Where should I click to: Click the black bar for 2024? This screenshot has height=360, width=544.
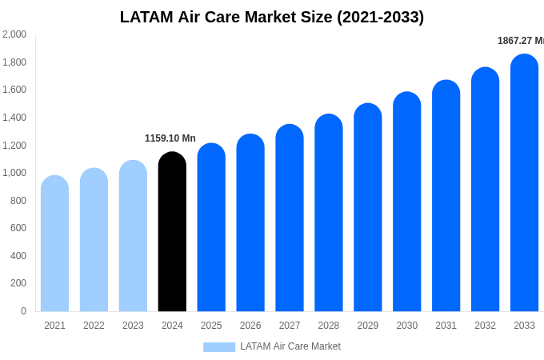pyautogui.click(x=172, y=232)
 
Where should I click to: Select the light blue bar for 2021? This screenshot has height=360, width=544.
pyautogui.click(x=54, y=244)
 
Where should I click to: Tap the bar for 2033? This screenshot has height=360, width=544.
pyautogui.click(x=524, y=183)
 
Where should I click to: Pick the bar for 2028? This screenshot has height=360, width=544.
pyautogui.click(x=329, y=213)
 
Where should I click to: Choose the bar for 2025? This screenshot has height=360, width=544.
pyautogui.click(x=211, y=228)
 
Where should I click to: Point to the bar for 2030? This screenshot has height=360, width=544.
pyautogui.click(x=407, y=202)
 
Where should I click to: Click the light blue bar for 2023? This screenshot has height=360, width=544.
pyautogui.click(x=133, y=236)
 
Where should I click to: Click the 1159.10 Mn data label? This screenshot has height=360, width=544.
pyautogui.click(x=170, y=138)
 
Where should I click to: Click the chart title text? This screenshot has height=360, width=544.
pyautogui.click(x=272, y=17)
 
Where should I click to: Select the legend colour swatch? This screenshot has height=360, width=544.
pyautogui.click(x=219, y=347)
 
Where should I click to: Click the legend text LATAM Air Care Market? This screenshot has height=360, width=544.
pyautogui.click(x=290, y=346)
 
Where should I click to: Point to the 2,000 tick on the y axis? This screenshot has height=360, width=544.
pyautogui.click(x=14, y=34)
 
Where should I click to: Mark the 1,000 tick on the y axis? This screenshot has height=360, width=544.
pyautogui.click(x=14, y=173)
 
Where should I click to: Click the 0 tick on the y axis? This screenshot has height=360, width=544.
pyautogui.click(x=23, y=311)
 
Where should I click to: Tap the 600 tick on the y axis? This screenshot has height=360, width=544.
pyautogui.click(x=18, y=228)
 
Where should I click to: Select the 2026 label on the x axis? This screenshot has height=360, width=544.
pyautogui.click(x=250, y=326)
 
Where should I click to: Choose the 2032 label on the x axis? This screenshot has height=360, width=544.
pyautogui.click(x=485, y=326)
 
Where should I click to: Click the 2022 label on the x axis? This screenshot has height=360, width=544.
pyautogui.click(x=94, y=326)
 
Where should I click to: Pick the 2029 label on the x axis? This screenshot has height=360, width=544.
pyautogui.click(x=368, y=326)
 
